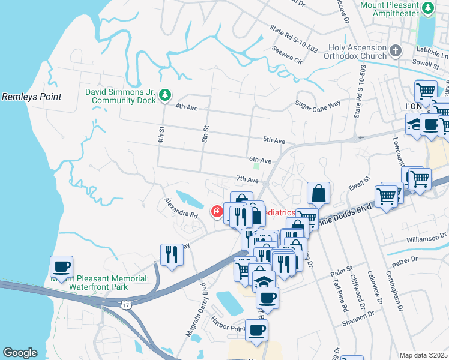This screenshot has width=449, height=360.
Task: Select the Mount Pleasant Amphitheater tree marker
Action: pyautogui.click(x=428, y=8)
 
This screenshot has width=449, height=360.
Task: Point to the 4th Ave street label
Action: pyautogui.click(x=187, y=106)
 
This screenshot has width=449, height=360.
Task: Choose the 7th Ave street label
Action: pyautogui.click(x=247, y=179)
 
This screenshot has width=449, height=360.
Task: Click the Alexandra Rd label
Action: pyautogui.click(x=182, y=209)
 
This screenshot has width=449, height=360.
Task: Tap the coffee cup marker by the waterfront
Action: pyautogui.click(x=61, y=266)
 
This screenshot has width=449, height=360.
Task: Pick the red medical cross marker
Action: pyautogui.click(x=215, y=212)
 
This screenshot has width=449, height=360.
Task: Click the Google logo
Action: pyautogui.click(x=20, y=353)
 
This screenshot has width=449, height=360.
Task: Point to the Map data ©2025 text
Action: pyautogui.click(x=423, y=355)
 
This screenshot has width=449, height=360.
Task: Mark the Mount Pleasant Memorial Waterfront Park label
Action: pyautogui.click(x=98, y=283)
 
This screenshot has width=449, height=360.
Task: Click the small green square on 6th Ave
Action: pyautogui.click(x=257, y=167)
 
